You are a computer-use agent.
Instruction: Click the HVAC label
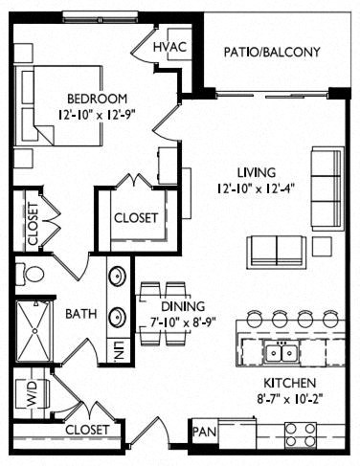[x=169, y=47]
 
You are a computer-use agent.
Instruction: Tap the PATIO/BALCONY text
[x=272, y=52]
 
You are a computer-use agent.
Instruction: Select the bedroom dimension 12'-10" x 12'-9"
[x=97, y=115]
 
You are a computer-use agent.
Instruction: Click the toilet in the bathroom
[x=30, y=274]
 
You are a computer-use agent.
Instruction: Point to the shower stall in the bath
[x=34, y=331]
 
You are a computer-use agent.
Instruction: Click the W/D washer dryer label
[x=33, y=393]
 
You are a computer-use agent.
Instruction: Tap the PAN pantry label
[x=204, y=432]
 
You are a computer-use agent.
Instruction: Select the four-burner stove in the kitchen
[x=301, y=434]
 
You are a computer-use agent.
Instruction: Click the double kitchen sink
[x=281, y=352]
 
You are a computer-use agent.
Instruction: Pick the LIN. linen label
[x=118, y=351]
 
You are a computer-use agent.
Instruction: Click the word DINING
[x=183, y=306]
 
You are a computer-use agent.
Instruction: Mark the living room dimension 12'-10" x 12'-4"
[x=256, y=189]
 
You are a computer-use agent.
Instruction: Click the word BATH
[x=81, y=314]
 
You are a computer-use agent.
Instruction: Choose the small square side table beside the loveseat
[x=322, y=247]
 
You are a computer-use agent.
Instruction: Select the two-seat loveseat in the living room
[x=277, y=252]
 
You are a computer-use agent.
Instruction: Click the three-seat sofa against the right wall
[x=327, y=189]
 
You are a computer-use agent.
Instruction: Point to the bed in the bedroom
[x=62, y=106]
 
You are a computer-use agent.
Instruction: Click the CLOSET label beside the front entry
[x=87, y=430]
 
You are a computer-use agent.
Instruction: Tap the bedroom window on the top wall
[x=101, y=17]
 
